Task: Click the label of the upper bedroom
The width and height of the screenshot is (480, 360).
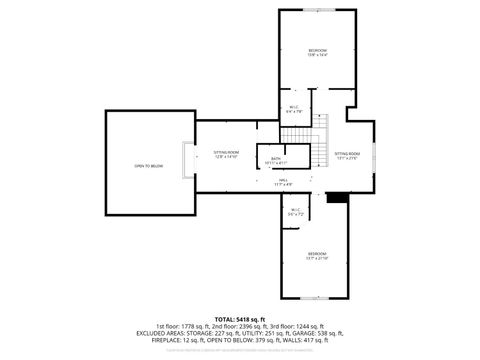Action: [x=317, y=52]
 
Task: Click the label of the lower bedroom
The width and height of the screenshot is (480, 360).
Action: [x=317, y=256]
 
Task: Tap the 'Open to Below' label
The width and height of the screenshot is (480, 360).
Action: [x=149, y=166]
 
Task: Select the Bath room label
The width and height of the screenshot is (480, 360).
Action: [x=275, y=160]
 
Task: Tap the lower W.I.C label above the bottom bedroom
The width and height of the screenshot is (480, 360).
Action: [x=295, y=213]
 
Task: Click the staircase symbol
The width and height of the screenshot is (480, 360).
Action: [x=317, y=150]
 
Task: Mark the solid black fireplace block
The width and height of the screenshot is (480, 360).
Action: [x=337, y=197]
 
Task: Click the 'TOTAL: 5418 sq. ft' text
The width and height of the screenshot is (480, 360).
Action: [x=241, y=318]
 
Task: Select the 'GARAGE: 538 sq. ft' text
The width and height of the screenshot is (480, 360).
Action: [x=317, y=333]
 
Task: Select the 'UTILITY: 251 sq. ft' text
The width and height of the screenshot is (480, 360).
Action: [x=268, y=333]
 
